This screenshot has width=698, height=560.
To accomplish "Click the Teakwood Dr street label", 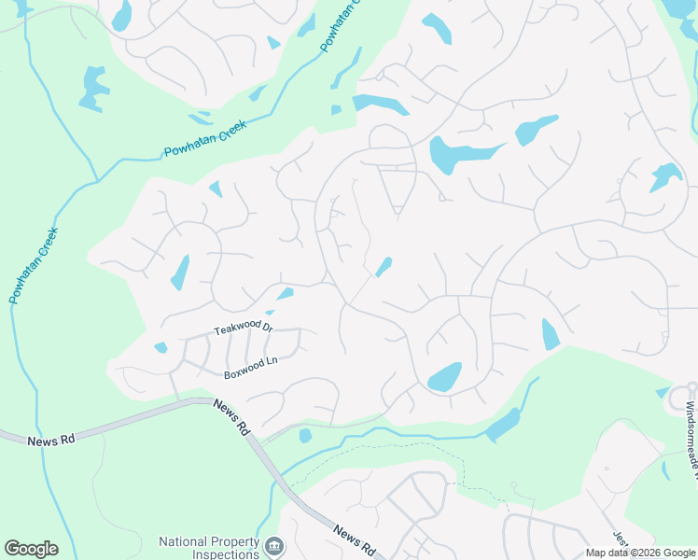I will (x=243, y=329).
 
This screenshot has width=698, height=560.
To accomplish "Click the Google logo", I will (x=31, y=549).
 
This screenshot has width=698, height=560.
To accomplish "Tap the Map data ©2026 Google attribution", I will (x=639, y=553).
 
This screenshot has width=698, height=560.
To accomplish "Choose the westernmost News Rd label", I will (x=49, y=440).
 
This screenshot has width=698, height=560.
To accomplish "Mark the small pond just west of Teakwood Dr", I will (x=161, y=348).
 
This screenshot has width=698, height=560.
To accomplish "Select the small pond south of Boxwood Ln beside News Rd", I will (x=305, y=436).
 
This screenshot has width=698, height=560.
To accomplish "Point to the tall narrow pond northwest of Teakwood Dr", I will (x=180, y=272).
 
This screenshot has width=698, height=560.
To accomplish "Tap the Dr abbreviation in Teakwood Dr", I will (x=266, y=327).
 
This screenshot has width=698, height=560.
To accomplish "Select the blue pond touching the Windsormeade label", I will (x=663, y=393).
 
